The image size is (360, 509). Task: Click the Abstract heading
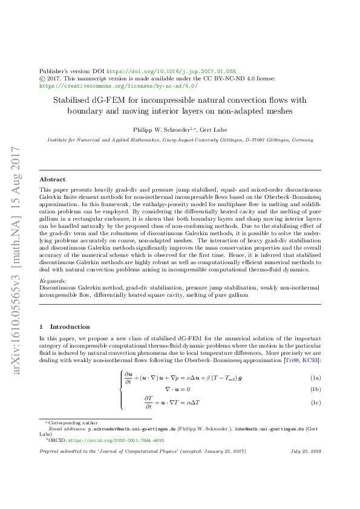(53, 180)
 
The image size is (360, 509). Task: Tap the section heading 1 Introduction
(64, 326)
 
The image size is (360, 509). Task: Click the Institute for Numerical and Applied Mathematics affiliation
(109, 140)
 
